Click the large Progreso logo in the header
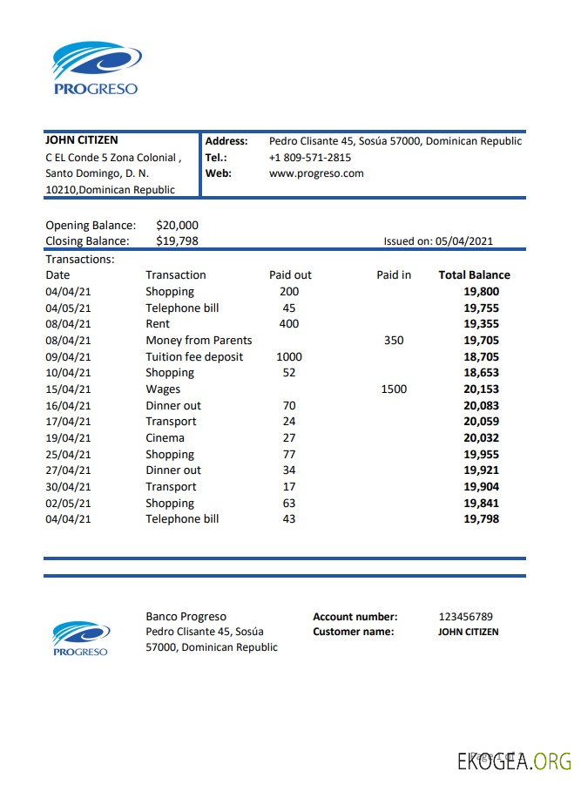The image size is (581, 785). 97,69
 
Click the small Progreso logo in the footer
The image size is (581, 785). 80,639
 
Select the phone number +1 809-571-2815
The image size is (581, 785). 310,158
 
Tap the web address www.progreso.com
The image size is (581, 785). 316,173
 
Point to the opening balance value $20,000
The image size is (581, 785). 178,225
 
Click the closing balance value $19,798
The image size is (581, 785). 178,240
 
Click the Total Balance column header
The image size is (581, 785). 474,274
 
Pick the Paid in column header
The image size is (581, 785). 394,274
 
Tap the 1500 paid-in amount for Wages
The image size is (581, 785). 394,389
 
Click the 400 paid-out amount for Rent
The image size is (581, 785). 288,324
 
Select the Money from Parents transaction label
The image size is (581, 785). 199,340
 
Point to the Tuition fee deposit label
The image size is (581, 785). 194,356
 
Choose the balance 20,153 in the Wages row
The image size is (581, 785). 481,389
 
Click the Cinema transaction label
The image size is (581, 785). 165,438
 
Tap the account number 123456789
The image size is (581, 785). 465,617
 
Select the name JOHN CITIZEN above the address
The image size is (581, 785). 82,140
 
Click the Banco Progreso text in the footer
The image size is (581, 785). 186,617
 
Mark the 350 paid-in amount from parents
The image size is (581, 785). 394,340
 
